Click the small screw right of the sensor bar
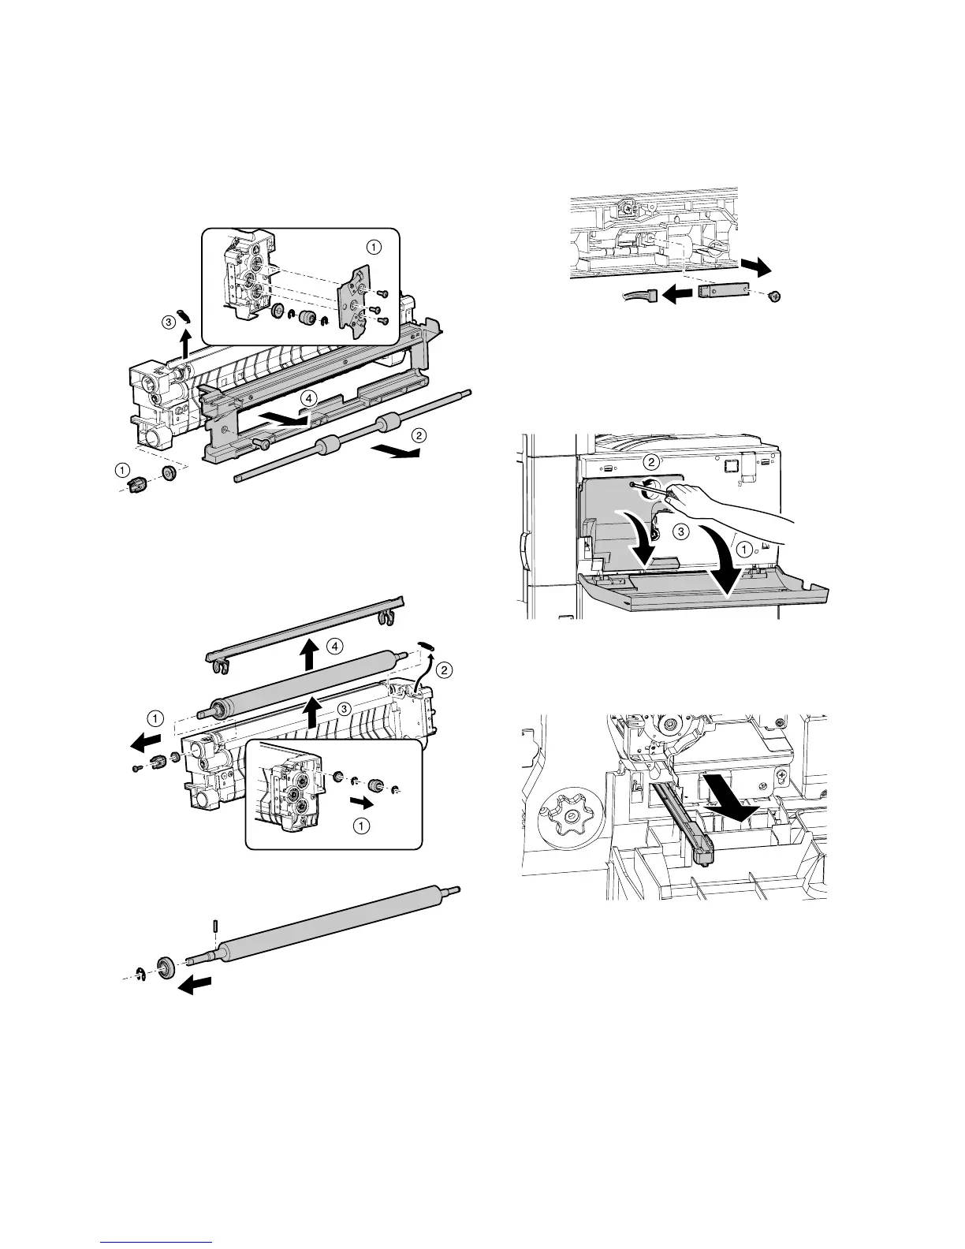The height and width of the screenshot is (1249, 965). [773, 296]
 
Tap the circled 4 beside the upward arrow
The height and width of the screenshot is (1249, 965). [335, 647]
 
